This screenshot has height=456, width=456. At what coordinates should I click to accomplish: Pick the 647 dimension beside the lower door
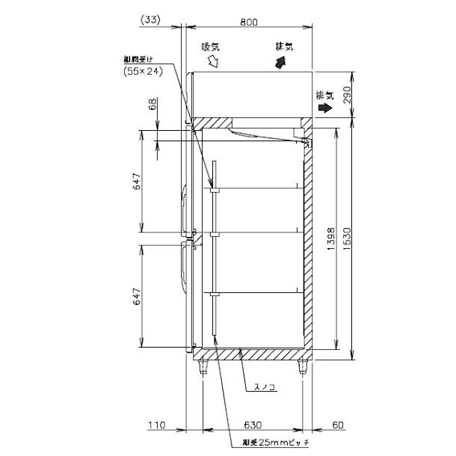[x=138, y=299]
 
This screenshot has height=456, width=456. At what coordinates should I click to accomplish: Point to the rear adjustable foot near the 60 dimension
[x=303, y=367]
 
